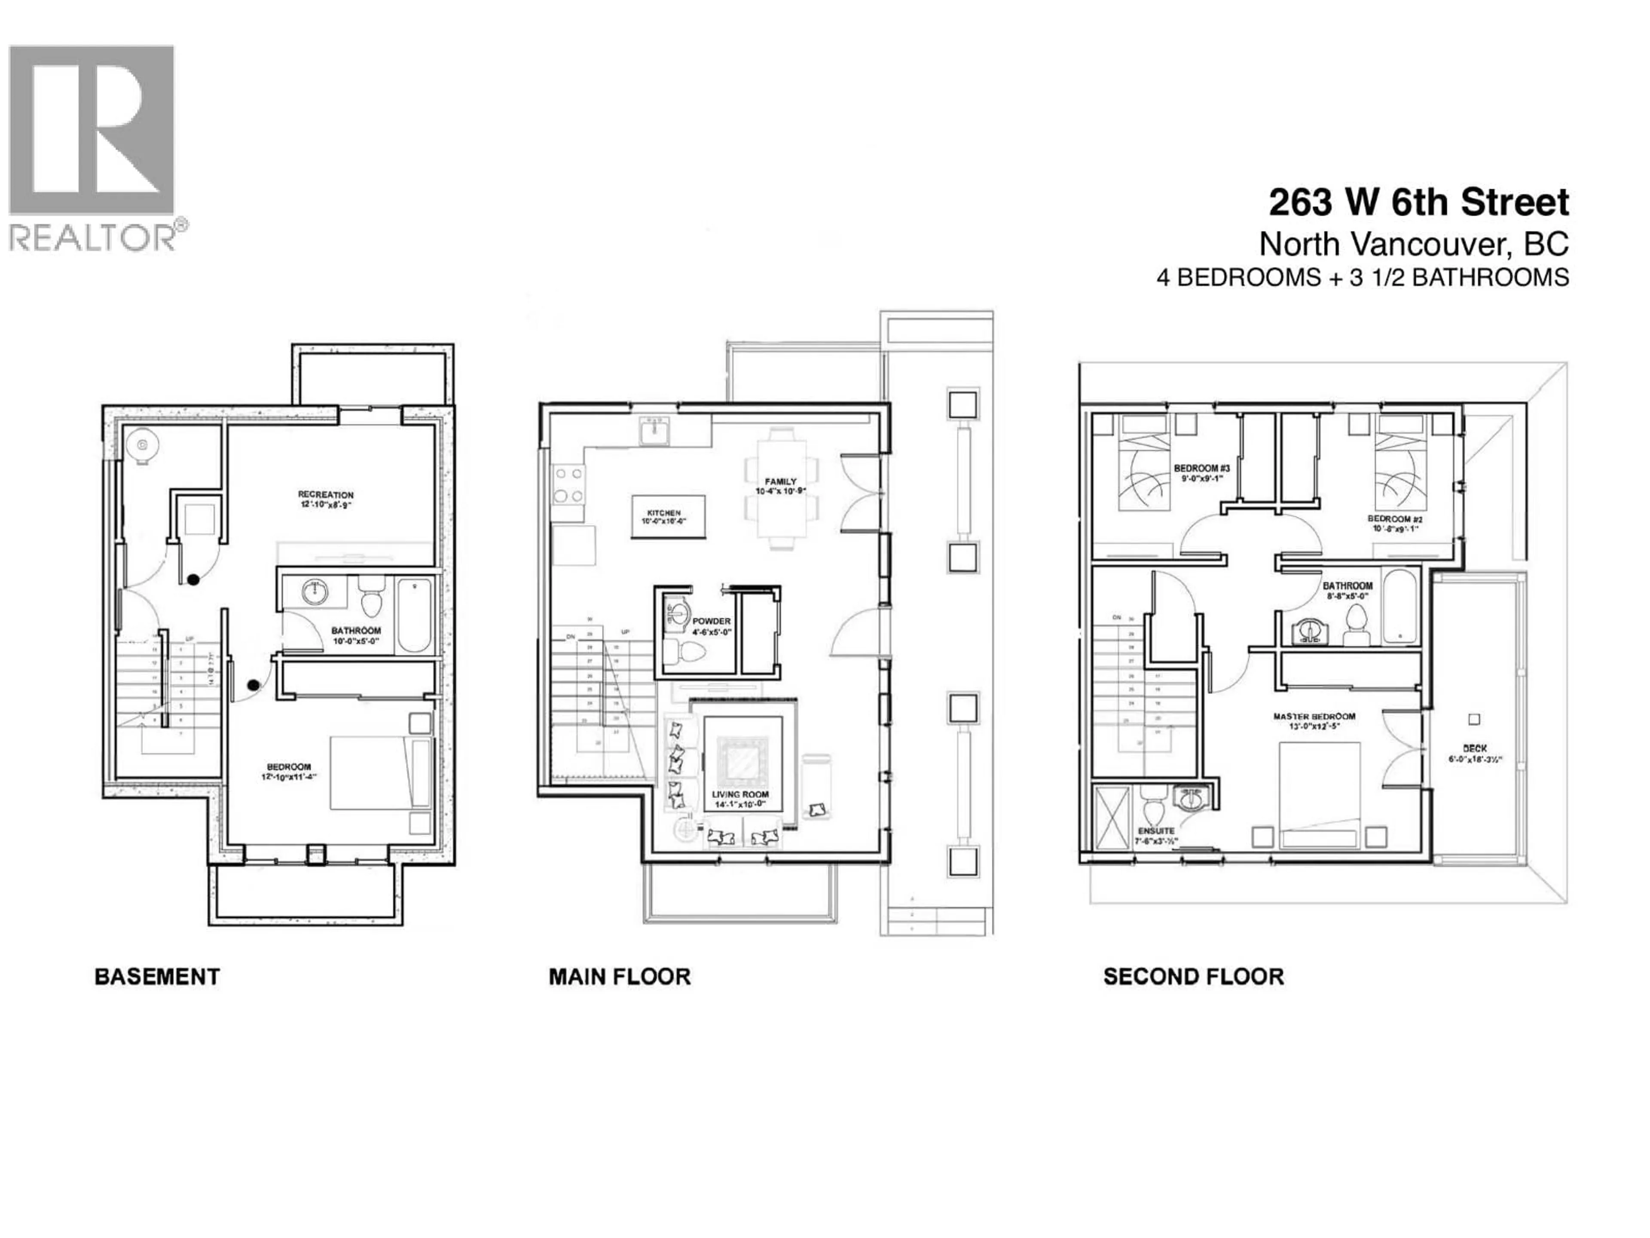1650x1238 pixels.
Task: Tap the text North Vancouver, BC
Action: point(1414,244)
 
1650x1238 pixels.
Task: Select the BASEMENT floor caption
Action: point(157,977)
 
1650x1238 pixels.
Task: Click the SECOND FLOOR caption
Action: point(1194,977)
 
